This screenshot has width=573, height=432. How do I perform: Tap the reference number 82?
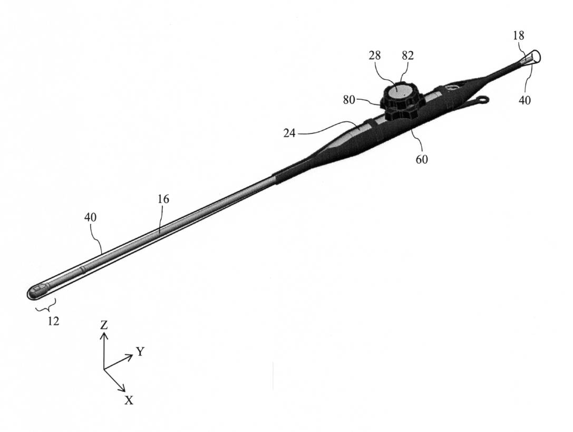408,55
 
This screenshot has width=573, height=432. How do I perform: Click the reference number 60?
421,159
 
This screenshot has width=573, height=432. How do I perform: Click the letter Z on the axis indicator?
104,325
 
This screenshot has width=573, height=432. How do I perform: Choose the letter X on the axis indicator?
129,400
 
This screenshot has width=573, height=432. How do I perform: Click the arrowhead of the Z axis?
104,335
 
